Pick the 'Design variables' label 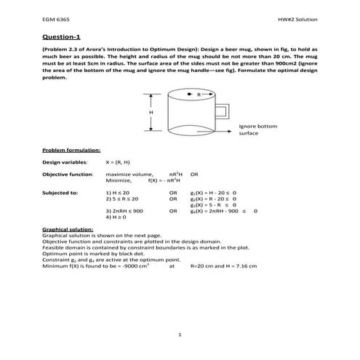(x=65, y=162)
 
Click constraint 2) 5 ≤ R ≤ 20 (x=122, y=199)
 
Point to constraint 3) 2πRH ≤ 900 (x=124, y=211)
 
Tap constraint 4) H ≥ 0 (x=117, y=217)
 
